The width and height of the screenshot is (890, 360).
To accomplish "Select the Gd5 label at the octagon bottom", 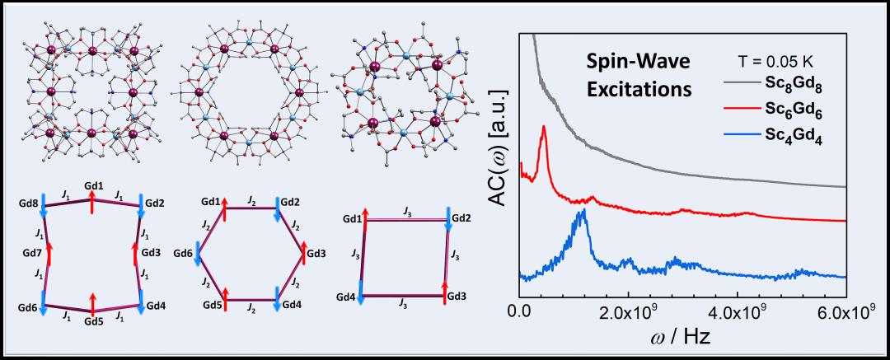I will point(93,320).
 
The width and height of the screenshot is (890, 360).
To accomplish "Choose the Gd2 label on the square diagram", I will point(462,216).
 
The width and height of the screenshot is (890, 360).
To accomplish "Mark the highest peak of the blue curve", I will point(583,211).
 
